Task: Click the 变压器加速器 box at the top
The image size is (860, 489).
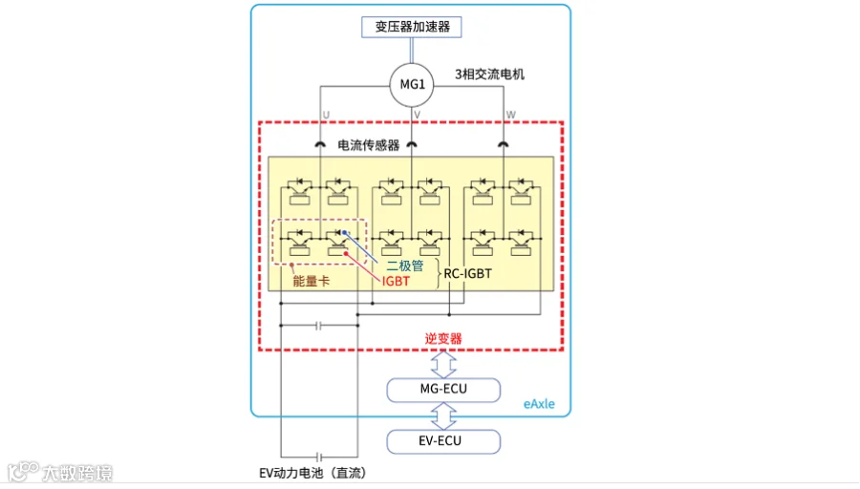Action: [412, 27]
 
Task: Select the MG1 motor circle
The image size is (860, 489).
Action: [412, 85]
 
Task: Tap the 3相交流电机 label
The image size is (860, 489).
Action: [489, 74]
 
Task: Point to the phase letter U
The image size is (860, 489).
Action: [326, 115]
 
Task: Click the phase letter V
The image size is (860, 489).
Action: [417, 115]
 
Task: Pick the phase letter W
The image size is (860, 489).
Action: [511, 115]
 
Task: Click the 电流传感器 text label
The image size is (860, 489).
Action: [369, 145]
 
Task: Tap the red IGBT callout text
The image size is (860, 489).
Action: [396, 282]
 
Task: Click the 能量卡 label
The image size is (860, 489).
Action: [311, 282]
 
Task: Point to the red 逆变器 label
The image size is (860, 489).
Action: [443, 338]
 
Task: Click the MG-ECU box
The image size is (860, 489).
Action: [443, 389]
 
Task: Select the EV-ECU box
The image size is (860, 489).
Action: [443, 440]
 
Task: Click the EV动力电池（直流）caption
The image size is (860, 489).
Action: [312, 473]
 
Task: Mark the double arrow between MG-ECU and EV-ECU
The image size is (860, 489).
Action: [443, 415]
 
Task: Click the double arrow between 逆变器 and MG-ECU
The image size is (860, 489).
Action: [443, 363]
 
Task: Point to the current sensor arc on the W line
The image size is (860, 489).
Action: [504, 145]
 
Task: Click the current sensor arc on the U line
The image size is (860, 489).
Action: [319, 145]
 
